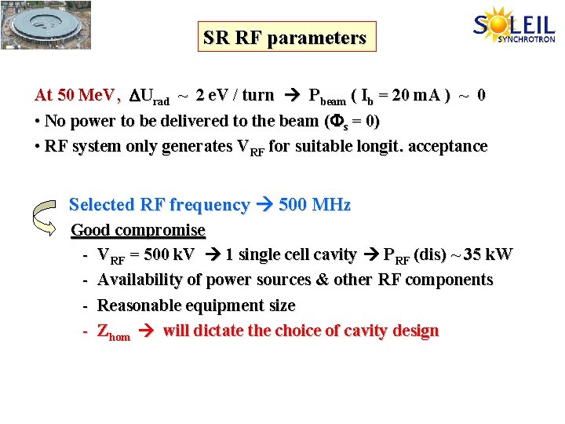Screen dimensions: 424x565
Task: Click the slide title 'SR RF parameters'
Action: pyautogui.click(x=284, y=38)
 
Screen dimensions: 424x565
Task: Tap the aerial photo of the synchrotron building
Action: pyautogui.click(x=46, y=24)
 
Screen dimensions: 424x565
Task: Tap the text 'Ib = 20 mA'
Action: pyautogui.click(x=400, y=96)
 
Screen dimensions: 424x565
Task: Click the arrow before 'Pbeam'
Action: pyautogui.click(x=292, y=96)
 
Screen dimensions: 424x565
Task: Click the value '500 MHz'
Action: pyautogui.click(x=315, y=205)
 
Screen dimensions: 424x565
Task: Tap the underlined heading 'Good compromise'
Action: pyautogui.click(x=138, y=230)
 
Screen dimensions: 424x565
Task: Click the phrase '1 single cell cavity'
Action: pyautogui.click(x=290, y=254)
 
